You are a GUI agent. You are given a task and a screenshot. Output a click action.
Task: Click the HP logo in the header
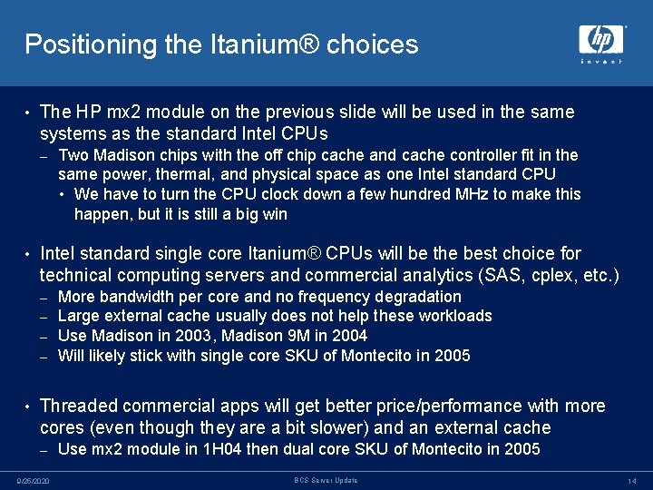click(601, 42)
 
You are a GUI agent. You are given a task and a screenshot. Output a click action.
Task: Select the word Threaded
click(80, 406)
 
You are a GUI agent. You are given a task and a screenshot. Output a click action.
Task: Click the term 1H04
click(219, 449)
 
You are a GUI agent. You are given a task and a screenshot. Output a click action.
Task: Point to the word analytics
click(414, 275)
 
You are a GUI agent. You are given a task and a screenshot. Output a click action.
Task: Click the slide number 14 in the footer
click(632, 480)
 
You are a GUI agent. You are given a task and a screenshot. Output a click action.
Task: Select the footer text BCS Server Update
click(326, 480)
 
